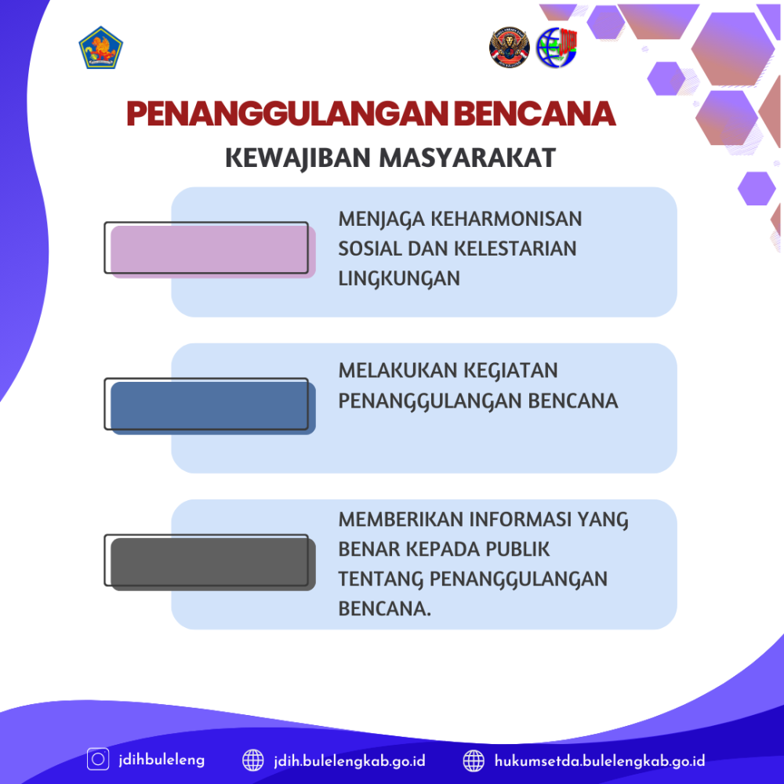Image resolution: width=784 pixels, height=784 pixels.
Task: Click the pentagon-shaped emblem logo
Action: pos(100,48)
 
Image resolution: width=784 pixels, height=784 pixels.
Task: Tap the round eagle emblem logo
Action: pos(509,47)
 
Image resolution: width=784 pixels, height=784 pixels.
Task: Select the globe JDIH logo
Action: pos(557,48)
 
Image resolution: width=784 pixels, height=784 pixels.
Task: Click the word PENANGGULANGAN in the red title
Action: pos(288,114)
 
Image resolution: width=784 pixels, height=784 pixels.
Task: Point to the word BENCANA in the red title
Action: pos(535,114)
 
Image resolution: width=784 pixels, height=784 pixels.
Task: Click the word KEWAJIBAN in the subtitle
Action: pos(297,158)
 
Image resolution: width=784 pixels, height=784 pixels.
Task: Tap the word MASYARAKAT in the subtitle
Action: pos(467,158)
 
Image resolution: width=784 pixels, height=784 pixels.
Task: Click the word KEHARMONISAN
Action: pos(506,219)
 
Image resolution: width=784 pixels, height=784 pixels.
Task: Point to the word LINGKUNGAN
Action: pos(399,279)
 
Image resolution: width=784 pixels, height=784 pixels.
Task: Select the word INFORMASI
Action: pos(520,520)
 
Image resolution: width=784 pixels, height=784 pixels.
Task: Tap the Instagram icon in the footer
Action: pos(98,759)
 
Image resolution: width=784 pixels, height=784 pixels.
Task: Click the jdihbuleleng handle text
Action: pos(162,760)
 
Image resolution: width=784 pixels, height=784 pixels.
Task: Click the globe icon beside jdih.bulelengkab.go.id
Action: pos(253,760)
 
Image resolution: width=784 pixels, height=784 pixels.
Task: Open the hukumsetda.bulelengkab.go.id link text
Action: pos(600,761)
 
